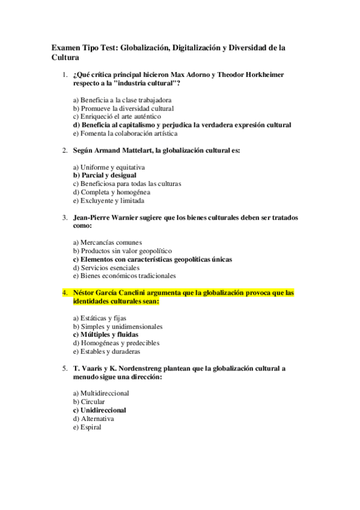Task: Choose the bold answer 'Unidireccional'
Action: tap(99, 410)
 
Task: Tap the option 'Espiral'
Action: tap(87, 427)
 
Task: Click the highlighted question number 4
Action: tap(64, 293)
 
